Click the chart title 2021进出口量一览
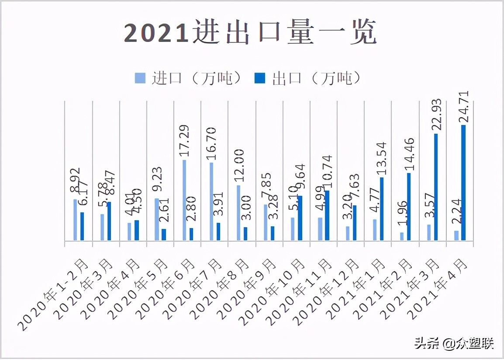coord(250,33)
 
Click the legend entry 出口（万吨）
coord(308,78)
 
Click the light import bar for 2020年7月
coord(211,201)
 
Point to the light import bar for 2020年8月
coord(238,213)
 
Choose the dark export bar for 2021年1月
coord(382,209)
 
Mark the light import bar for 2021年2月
coord(402,236)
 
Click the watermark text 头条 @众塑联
coord(454,344)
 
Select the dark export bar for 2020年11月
coord(327,215)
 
